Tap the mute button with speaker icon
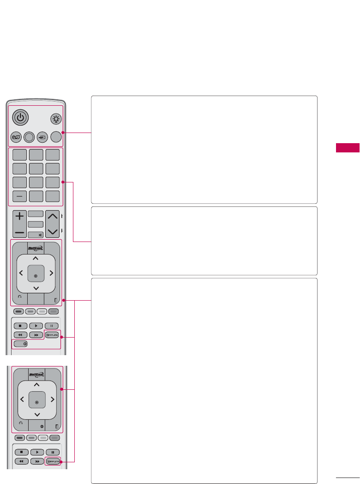[x=36, y=234]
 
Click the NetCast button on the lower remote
[x=36, y=374]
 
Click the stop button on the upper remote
[x=20, y=326]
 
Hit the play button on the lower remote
[x=37, y=452]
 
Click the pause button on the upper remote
[x=52, y=326]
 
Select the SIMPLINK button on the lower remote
[x=53, y=461]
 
